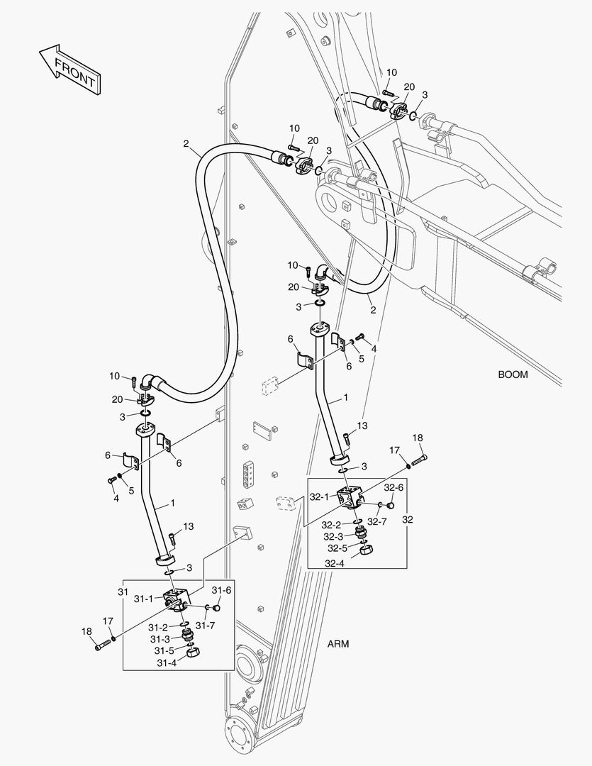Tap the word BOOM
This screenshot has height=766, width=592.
click(x=513, y=374)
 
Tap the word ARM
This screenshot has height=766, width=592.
click(x=338, y=644)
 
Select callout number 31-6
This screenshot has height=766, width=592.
click(x=221, y=590)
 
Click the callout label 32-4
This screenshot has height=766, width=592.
click(x=335, y=563)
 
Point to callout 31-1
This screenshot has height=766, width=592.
click(x=144, y=599)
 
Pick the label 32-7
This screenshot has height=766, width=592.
click(x=376, y=522)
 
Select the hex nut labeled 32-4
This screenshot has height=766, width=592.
click(x=367, y=550)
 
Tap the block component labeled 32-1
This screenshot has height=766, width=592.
click(x=351, y=496)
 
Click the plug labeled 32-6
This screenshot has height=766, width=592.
click(x=390, y=505)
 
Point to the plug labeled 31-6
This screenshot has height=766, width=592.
click(x=217, y=608)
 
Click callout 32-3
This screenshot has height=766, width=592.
click(x=333, y=536)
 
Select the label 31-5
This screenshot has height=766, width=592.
click(x=164, y=650)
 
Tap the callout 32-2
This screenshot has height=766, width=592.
click(x=331, y=525)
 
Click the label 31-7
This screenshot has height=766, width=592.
click(x=205, y=626)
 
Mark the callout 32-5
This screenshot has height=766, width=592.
click(x=337, y=548)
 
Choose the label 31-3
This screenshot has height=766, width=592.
click(x=160, y=639)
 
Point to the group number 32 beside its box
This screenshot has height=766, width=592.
click(x=408, y=520)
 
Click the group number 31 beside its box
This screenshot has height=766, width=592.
click(x=123, y=592)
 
